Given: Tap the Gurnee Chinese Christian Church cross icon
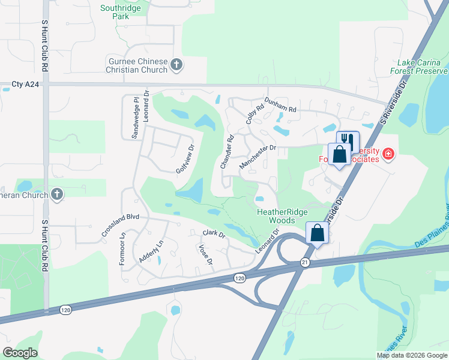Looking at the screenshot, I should [x=176, y=65].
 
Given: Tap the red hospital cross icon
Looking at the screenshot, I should [x=388, y=154].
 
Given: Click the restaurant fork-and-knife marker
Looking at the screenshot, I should [x=348, y=139].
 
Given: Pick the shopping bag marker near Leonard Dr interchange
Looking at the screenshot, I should [x=316, y=232].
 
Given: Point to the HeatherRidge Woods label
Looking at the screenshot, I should [x=282, y=216].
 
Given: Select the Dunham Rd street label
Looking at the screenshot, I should [x=280, y=106].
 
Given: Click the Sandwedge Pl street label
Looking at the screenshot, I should [x=135, y=118].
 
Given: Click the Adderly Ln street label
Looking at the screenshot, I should [x=151, y=251].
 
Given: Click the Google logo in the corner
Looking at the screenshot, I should [x=20, y=353].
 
